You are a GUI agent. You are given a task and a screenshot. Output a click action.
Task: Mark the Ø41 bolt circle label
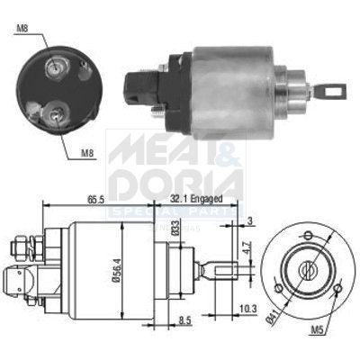click(x=273, y=318)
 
